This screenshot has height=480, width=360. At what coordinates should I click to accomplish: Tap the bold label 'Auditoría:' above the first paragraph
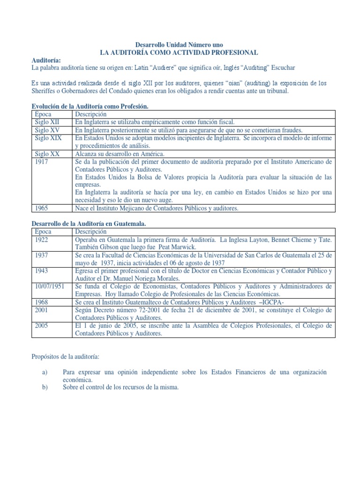(x=46, y=60)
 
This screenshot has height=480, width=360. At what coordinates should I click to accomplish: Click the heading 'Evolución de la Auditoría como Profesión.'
(x=90, y=106)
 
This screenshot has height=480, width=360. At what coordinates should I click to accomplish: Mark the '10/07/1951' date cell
(x=50, y=286)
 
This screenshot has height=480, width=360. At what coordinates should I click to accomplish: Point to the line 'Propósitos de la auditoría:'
(x=65, y=357)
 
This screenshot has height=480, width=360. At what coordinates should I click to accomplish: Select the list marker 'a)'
(x=45, y=372)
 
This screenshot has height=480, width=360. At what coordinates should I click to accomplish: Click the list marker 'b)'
(x=45, y=387)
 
